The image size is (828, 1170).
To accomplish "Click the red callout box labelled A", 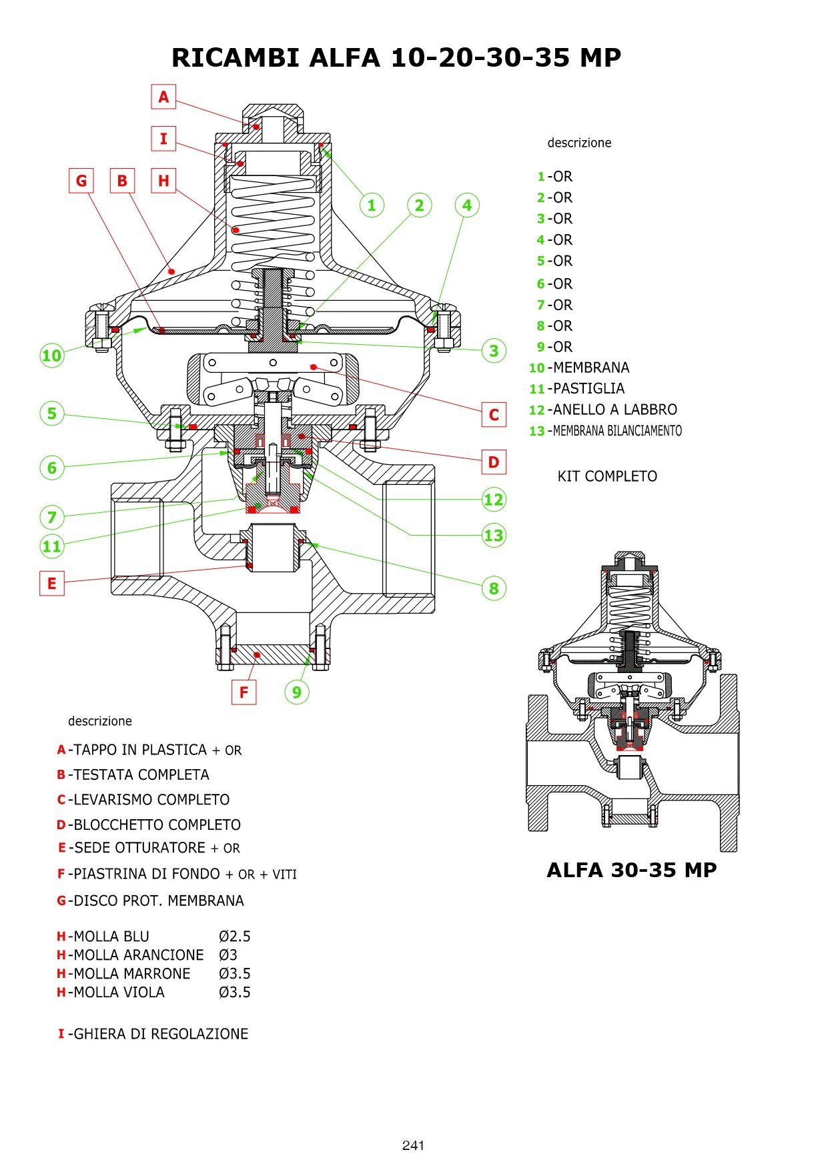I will (x=163, y=97).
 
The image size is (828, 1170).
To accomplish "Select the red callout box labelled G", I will (x=81, y=181).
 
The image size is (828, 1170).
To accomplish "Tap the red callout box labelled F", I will (x=244, y=692).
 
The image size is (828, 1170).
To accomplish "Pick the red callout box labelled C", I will (x=494, y=414).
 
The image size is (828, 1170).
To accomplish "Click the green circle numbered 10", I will (x=51, y=355).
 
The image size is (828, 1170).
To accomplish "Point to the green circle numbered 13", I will (x=494, y=535).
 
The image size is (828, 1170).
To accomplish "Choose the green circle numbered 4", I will (x=467, y=205).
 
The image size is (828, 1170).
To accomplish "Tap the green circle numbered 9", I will (x=297, y=692).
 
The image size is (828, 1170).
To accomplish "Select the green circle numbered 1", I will (x=372, y=205).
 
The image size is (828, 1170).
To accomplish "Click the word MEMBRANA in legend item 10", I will (x=591, y=368).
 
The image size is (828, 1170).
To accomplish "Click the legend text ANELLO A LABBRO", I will (x=614, y=410).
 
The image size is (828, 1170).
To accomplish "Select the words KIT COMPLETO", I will (x=607, y=476).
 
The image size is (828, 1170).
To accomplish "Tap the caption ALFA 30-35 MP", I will (x=631, y=870).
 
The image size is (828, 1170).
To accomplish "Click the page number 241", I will (x=413, y=1145).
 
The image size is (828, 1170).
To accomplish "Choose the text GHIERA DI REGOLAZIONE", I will (x=160, y=1034).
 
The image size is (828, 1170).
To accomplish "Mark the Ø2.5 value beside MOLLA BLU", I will (x=234, y=937).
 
